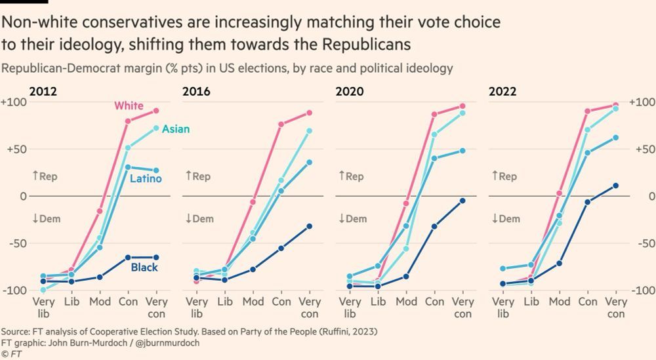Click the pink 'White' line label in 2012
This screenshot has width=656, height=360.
click(129, 106)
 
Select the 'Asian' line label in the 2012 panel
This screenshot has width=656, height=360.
click(175, 129)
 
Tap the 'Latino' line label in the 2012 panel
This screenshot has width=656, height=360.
click(145, 178)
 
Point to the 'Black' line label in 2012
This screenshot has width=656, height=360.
click(144, 268)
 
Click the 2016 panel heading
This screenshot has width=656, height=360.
click(196, 91)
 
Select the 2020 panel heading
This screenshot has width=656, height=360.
click(349, 91)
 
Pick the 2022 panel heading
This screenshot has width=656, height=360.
click(502, 91)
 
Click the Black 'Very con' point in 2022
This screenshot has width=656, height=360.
click(615, 186)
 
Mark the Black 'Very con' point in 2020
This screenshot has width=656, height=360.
click(462, 201)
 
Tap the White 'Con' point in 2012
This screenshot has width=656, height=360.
click(128, 121)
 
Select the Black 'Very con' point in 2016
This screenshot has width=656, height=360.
click(309, 226)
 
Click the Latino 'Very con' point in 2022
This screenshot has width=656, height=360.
click(615, 138)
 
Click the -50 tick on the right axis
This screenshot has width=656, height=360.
click(642, 243)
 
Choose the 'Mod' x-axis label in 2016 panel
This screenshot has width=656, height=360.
click(253, 302)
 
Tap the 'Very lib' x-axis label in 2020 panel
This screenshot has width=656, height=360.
click(350, 308)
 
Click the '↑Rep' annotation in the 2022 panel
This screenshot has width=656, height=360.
click(504, 176)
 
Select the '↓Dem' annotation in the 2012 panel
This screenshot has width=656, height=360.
click(46, 218)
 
